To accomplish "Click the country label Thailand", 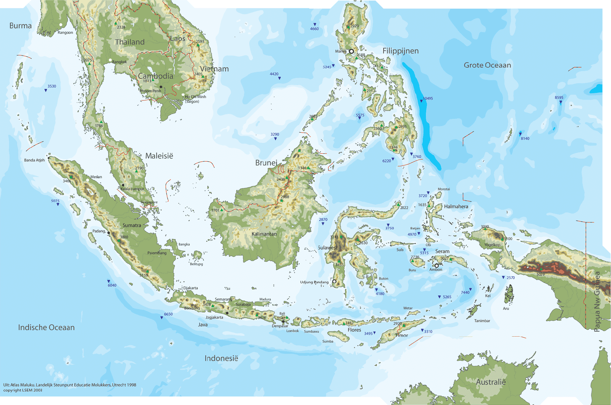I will tap(130, 42).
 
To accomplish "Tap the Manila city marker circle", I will tap(351, 51).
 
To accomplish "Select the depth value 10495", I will tap(428, 99).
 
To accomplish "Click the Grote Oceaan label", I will tap(487, 65).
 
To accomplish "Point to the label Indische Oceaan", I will tap(46, 327).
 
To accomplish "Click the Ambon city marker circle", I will tap(436, 266).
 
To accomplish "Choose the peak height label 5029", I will tap(540, 275).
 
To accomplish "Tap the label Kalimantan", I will tap(264, 234).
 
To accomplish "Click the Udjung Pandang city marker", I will tap(334, 282).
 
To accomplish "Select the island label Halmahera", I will tap(456, 207).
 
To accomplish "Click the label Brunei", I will tap(266, 163).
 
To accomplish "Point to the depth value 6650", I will tap(168, 314).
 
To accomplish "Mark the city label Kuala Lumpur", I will tap(133, 189).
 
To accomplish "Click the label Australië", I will tap(491, 382).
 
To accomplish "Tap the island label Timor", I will tap(401, 335).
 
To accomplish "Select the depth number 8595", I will tap(559, 98).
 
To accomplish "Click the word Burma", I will tap(21, 26).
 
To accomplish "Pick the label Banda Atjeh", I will tap(34, 160).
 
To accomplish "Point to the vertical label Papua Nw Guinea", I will tap(598, 302).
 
